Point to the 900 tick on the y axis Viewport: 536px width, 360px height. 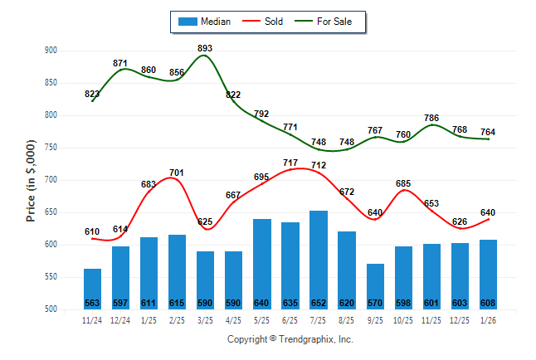coord(51,51)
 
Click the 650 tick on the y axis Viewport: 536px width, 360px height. coord(51,212)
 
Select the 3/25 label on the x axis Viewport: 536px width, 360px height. coord(205,319)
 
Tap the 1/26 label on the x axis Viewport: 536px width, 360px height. coord(488,319)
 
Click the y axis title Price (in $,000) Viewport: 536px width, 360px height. coord(31,180)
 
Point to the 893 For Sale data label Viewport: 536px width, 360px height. coord(205,48)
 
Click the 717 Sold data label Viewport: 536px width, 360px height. coord(290,163)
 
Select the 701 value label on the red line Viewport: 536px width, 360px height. coord(177,173)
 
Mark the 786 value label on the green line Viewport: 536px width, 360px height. coord(431,118)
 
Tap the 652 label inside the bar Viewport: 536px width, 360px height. coord(319,303)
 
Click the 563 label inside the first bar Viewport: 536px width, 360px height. coord(92,303)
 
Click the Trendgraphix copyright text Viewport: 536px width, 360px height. coord(290,339)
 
